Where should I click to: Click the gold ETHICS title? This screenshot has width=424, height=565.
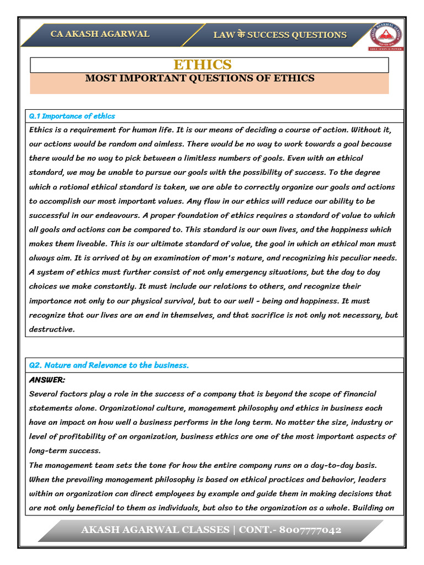203,65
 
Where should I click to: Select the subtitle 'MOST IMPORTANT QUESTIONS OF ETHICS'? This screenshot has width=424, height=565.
200,78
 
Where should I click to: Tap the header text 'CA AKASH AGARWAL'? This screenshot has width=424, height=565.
100,34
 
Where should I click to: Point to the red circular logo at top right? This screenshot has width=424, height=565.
386,34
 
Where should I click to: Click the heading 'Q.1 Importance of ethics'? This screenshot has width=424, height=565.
72,116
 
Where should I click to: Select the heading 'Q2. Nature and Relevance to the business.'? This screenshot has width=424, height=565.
109,365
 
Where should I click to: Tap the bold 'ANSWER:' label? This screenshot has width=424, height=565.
47,380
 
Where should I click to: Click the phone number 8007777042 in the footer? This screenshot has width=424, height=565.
310,530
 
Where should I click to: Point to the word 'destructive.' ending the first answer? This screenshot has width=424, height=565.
51,329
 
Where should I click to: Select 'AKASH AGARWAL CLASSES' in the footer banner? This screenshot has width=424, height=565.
155,530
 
